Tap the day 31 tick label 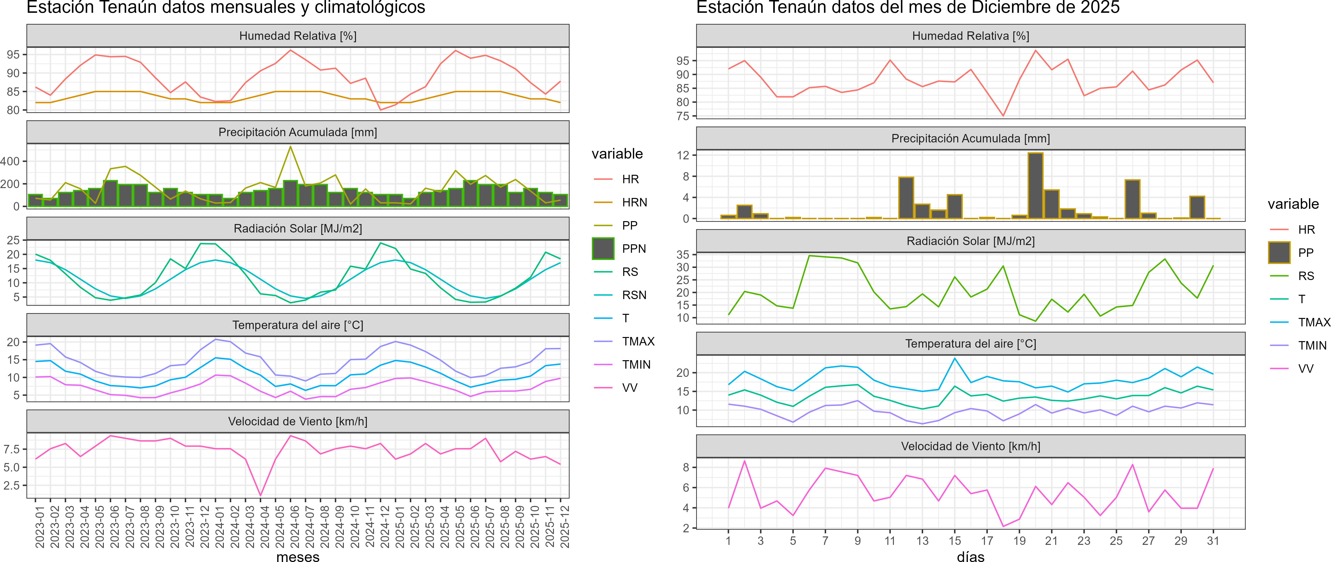(1213, 541)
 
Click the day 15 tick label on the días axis (954, 541)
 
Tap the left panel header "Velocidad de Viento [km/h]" (297, 421)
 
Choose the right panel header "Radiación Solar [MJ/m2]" (970, 241)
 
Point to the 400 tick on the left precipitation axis (10, 161)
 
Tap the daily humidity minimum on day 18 (1003, 116)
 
